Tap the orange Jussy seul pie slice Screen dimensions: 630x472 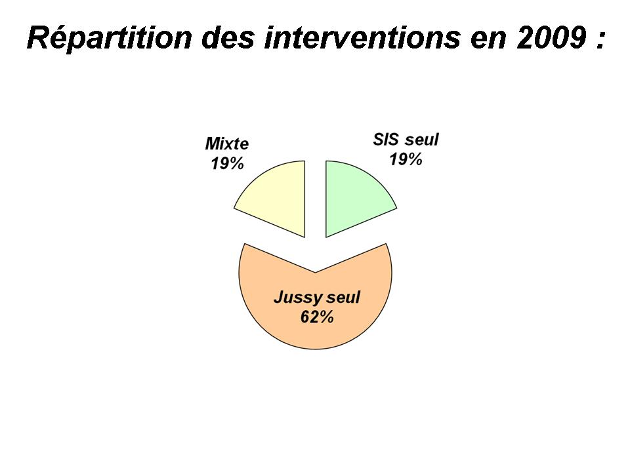pyautogui.click(x=316, y=305)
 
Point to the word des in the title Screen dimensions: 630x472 pyautogui.click(x=228, y=39)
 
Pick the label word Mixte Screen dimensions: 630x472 pyautogui.click(x=227, y=144)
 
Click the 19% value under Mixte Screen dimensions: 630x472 pyautogui.click(x=228, y=163)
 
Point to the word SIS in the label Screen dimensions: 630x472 pyautogui.click(x=387, y=140)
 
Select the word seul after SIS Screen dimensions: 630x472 pyautogui.click(x=422, y=140)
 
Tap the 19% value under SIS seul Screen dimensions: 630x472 pyautogui.click(x=406, y=159)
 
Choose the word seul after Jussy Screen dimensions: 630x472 pyautogui.click(x=343, y=298)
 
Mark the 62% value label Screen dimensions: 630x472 pyautogui.click(x=317, y=317)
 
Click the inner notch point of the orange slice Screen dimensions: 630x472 pyautogui.click(x=316, y=273)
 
